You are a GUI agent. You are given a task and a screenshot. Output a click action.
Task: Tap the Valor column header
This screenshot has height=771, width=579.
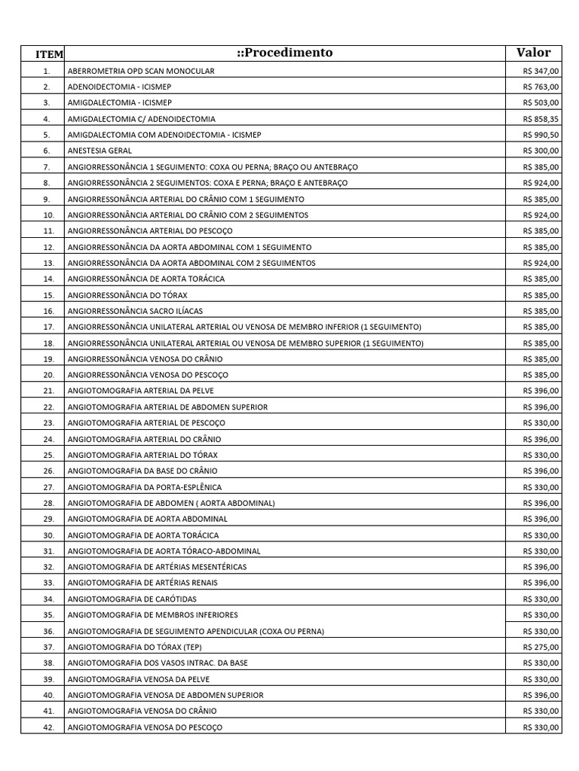[x=533, y=53]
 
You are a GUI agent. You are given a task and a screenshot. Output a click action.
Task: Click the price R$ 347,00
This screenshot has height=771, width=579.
[x=541, y=71]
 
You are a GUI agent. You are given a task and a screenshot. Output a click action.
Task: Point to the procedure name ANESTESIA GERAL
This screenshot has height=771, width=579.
[x=100, y=151]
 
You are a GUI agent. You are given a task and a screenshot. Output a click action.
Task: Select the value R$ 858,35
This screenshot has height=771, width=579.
[x=541, y=119]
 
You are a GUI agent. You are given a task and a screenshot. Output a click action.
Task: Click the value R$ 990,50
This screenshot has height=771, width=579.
[x=541, y=135]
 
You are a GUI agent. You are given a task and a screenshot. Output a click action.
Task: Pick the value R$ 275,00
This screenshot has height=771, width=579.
[x=541, y=647]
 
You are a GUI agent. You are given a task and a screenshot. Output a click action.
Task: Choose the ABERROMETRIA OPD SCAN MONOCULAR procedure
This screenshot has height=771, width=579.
[x=141, y=71]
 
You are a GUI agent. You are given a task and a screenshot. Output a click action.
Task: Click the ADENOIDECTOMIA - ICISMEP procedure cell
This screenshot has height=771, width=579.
[x=120, y=87]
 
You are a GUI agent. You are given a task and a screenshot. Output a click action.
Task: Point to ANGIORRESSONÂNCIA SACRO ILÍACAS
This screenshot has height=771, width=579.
[x=135, y=311]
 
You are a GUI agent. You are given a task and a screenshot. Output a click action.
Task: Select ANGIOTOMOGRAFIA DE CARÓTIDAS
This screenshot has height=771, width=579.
[x=132, y=599]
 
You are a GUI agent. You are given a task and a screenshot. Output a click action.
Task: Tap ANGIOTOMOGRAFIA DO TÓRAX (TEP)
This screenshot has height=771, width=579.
[x=135, y=647]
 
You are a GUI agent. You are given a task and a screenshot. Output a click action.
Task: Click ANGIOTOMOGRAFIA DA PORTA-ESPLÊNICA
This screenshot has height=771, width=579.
[x=145, y=487]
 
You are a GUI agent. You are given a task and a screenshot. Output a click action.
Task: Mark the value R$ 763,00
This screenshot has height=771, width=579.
[x=541, y=87]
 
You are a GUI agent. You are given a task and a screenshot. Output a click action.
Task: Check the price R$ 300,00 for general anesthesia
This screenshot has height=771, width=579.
[x=541, y=151]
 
